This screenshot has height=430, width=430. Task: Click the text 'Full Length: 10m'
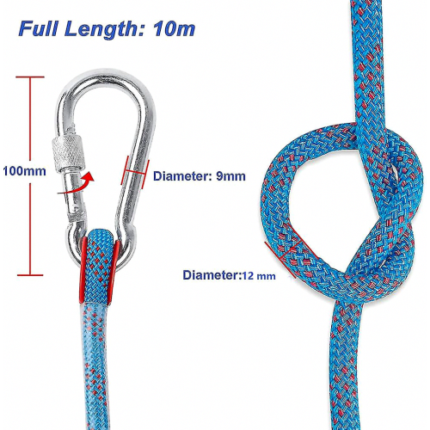107,29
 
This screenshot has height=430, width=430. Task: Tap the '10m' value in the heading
175,29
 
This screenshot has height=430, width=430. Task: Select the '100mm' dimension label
24,171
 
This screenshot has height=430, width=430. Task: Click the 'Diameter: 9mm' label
200,176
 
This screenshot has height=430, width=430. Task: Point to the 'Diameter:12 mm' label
230,275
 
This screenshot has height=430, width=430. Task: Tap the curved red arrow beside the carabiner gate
77,185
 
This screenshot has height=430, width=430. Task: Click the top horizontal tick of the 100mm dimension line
30,77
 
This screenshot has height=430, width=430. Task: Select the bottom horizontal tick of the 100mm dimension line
30,275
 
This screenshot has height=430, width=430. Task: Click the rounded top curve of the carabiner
107,75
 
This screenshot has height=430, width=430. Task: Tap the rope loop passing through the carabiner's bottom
98,267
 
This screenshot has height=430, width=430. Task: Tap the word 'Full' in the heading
38,28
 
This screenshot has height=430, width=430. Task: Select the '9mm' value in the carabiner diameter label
230,176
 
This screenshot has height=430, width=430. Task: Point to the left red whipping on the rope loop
83,269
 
